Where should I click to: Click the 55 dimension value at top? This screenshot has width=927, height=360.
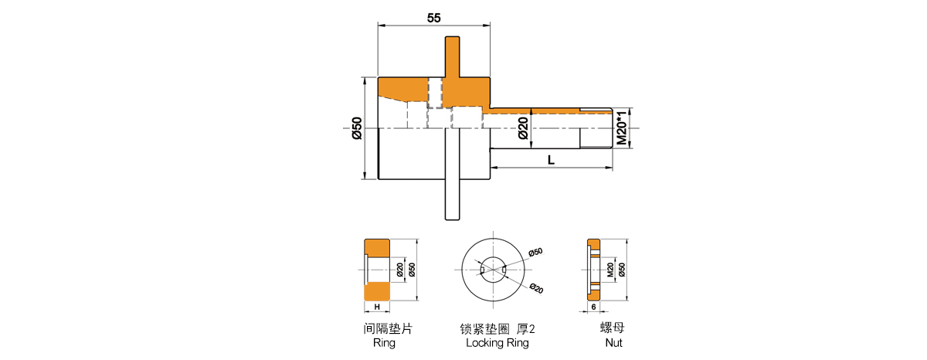pos(433,19)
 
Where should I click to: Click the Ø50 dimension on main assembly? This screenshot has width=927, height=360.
pos(357,128)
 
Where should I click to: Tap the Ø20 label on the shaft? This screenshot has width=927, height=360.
pos(523,128)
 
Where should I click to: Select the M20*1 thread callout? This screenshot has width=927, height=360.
pos(622,128)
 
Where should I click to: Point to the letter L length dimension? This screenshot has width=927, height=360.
pos(551,160)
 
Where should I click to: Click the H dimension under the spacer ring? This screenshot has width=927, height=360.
pos(377,307)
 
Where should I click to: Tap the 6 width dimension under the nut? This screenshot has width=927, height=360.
pos(593,307)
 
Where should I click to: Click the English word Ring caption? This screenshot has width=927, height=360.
pos(384,343)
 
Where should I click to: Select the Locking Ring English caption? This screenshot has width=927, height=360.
pos(497,343)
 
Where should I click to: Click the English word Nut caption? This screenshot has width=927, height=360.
pos(613,343)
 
